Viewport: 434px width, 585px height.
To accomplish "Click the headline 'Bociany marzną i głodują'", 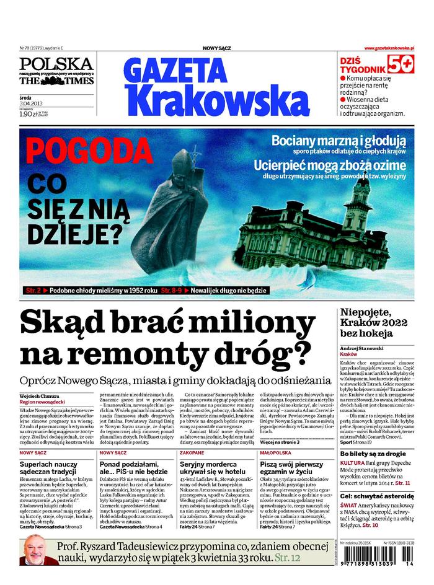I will tap(338, 141).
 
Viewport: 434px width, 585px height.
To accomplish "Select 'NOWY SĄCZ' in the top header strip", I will tap(217, 48).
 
